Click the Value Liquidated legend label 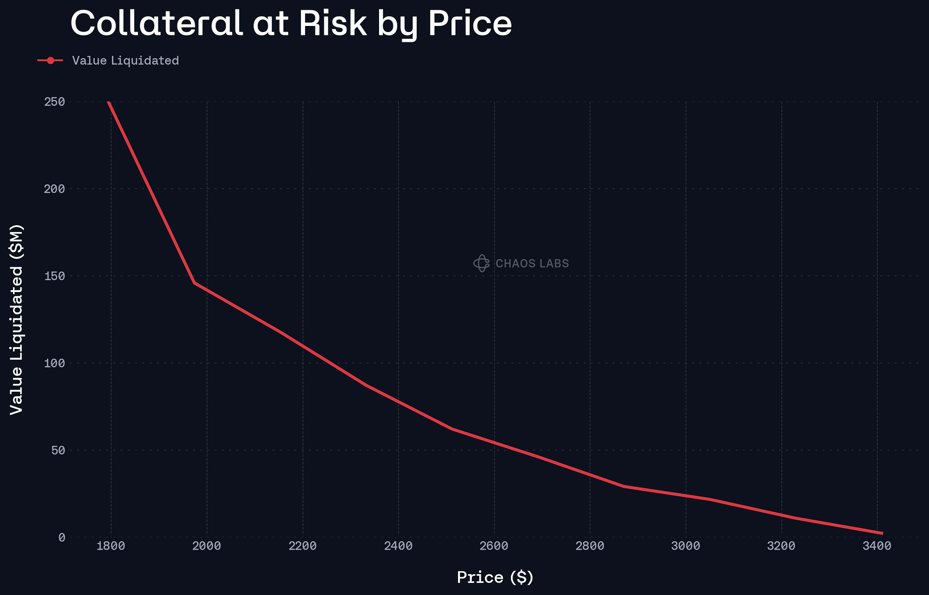[125, 61]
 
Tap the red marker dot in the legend [50, 61]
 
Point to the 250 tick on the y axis [54, 102]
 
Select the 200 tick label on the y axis [54, 189]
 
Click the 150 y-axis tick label [54, 276]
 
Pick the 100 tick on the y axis [54, 363]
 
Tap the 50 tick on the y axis [58, 450]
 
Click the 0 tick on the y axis [61, 537]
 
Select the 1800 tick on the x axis [111, 546]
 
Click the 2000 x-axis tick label [207, 546]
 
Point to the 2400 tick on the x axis [399, 546]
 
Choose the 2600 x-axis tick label [494, 546]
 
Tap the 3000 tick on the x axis [686, 546]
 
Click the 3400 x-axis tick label [877, 546]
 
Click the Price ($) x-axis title [495, 577]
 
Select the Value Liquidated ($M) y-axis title [17, 319]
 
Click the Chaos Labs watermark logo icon [481, 263]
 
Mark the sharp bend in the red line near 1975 [194, 282]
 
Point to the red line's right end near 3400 [882, 533]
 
